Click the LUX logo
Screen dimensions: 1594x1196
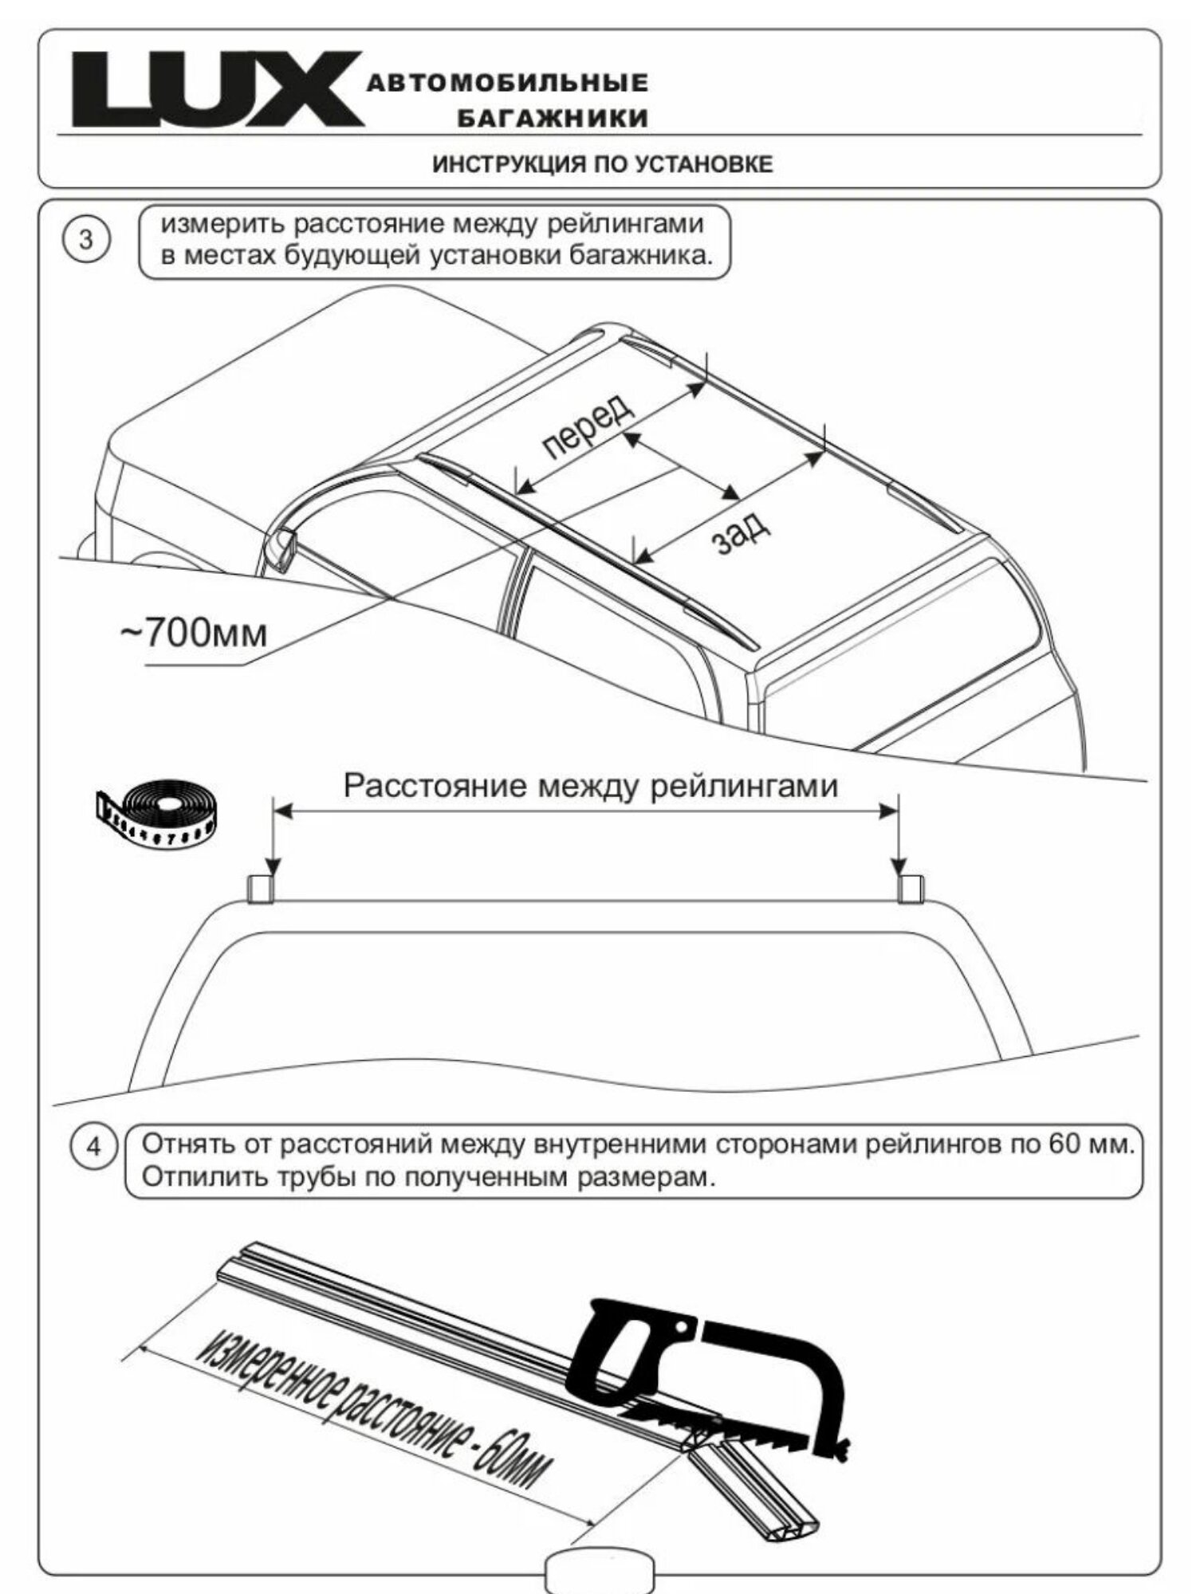click(217, 89)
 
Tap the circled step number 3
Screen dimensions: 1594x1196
click(86, 240)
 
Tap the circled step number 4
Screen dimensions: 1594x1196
click(94, 1148)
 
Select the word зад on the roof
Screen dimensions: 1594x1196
click(741, 530)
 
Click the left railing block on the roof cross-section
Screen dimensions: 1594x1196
click(261, 889)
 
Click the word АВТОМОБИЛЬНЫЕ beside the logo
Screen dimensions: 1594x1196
click(507, 83)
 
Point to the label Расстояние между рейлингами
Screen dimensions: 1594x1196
click(591, 787)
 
